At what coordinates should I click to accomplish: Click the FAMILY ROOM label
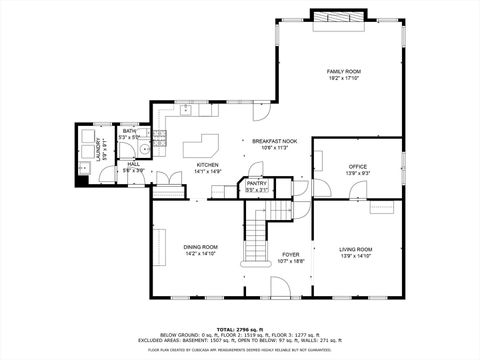coord(343,71)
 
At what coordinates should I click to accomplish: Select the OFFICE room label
coord(358,166)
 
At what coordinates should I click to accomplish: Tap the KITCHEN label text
coord(207,165)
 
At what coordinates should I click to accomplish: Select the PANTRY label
coord(257,183)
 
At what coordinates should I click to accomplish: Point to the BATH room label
coord(130,131)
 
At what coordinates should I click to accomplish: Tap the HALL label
coord(133,165)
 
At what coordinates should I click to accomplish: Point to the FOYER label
coord(291,254)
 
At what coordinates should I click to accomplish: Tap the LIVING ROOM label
coord(356,249)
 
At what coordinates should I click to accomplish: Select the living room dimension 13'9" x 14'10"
coord(356,256)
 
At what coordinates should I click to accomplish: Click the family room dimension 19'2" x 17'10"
coord(343,78)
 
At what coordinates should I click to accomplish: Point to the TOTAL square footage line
coord(240,327)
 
